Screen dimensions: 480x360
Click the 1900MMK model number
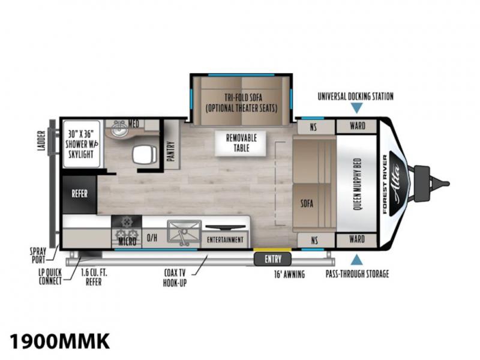(x=59, y=341)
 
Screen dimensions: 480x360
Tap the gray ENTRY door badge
(x=272, y=259)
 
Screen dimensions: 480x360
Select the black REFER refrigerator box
(x=80, y=194)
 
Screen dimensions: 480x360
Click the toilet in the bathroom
(x=145, y=154)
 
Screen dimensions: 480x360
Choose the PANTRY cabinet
(x=172, y=144)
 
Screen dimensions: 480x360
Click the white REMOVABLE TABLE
(x=241, y=143)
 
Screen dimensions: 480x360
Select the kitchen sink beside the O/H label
(x=184, y=233)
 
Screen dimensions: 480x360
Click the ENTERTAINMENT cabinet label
(x=225, y=239)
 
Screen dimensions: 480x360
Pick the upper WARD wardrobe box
(x=356, y=126)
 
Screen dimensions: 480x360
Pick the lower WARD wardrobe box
(x=356, y=239)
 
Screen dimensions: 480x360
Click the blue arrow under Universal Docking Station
(x=356, y=108)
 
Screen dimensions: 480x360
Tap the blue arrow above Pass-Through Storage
(x=356, y=260)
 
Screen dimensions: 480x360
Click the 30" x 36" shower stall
(x=82, y=144)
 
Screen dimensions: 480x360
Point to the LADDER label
(x=41, y=140)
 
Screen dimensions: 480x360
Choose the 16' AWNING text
(x=289, y=274)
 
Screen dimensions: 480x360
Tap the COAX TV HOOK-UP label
(x=175, y=278)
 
